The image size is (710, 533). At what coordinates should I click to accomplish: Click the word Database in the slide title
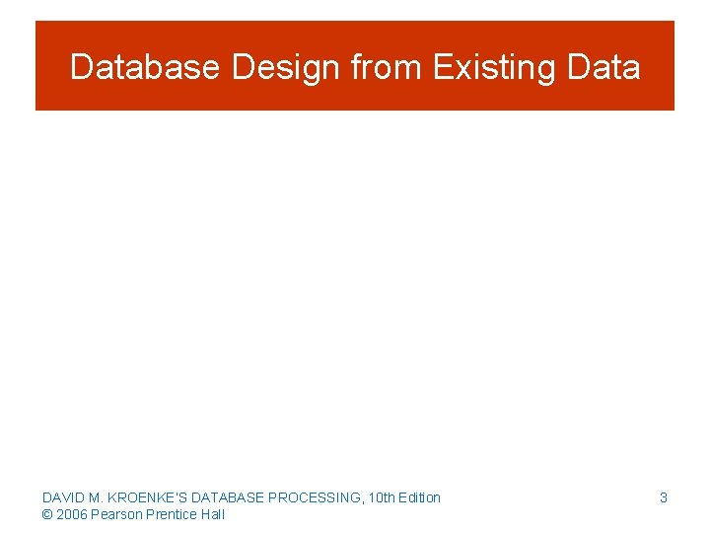145,67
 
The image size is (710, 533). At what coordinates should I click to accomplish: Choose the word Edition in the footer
419,497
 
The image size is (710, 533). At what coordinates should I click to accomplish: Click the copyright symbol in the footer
47,514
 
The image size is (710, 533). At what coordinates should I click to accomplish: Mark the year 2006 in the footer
72,514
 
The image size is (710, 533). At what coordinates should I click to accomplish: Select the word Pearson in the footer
115,514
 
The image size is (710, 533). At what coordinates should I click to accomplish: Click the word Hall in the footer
213,514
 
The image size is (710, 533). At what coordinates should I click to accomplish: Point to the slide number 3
664,497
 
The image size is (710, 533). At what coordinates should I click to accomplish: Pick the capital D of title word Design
242,67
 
